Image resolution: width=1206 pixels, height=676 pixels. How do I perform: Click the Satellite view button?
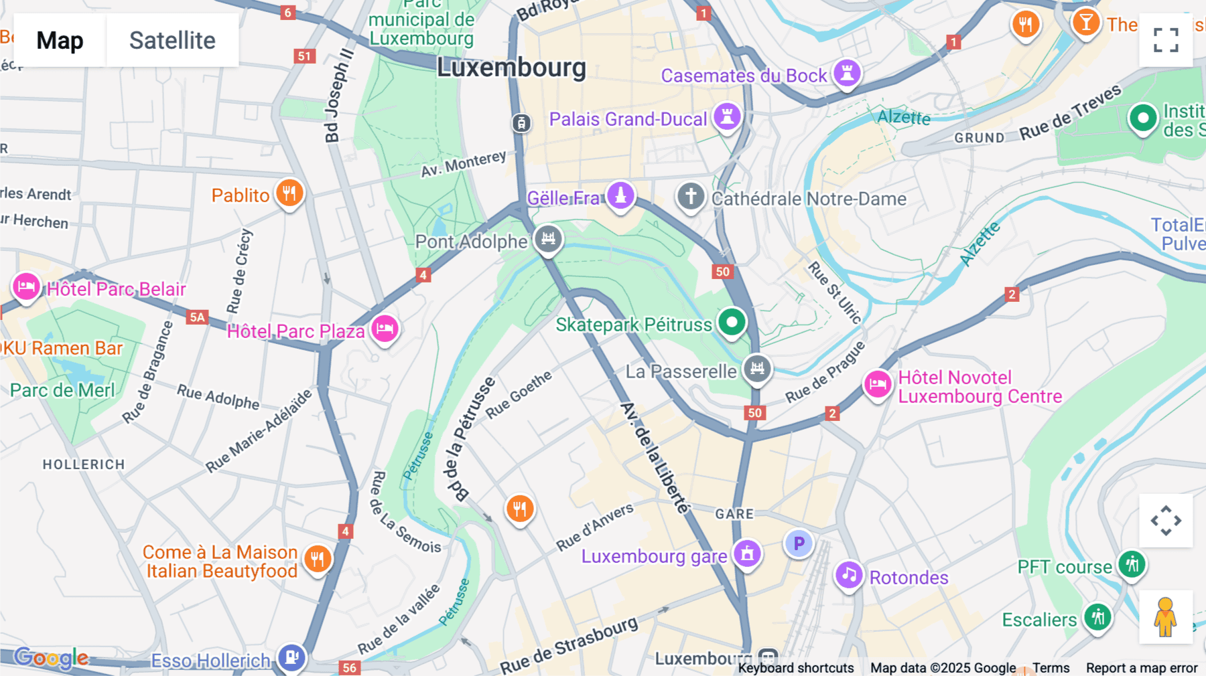pyautogui.click(x=172, y=40)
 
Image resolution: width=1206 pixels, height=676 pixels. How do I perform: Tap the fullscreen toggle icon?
pyautogui.click(x=1166, y=40)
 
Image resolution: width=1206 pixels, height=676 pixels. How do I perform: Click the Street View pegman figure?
pyautogui.click(x=1165, y=617)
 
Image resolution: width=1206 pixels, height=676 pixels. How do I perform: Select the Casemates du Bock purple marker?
pyautogui.click(x=847, y=73)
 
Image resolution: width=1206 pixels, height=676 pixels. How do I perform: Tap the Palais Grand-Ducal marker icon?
pyautogui.click(x=727, y=116)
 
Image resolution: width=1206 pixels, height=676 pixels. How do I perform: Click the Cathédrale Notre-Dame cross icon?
pyautogui.click(x=691, y=197)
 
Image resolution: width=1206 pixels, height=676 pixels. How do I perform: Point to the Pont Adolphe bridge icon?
pyautogui.click(x=548, y=238)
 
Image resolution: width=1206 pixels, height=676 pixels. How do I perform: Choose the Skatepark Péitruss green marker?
pyautogui.click(x=732, y=323)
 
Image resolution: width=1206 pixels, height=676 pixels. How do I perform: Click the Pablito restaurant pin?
pyautogui.click(x=289, y=193)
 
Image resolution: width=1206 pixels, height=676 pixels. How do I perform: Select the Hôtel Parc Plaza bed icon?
pyautogui.click(x=385, y=329)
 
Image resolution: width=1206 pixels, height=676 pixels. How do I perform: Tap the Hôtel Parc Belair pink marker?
pyautogui.click(x=26, y=287)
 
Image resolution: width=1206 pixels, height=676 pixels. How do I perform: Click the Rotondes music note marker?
pyautogui.click(x=848, y=575)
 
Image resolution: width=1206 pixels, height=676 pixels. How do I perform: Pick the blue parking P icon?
pyautogui.click(x=799, y=543)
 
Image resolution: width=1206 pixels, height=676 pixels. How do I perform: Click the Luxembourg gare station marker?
pyautogui.click(x=747, y=554)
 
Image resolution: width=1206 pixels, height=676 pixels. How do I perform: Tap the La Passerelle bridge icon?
pyautogui.click(x=757, y=368)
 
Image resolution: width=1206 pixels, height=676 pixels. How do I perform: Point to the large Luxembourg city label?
pyautogui.click(x=511, y=68)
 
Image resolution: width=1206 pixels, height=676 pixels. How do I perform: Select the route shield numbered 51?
pyautogui.click(x=305, y=56)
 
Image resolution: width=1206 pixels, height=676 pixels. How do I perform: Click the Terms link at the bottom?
pyautogui.click(x=1051, y=667)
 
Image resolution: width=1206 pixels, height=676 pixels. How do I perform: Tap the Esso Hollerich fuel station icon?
pyautogui.click(x=291, y=657)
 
